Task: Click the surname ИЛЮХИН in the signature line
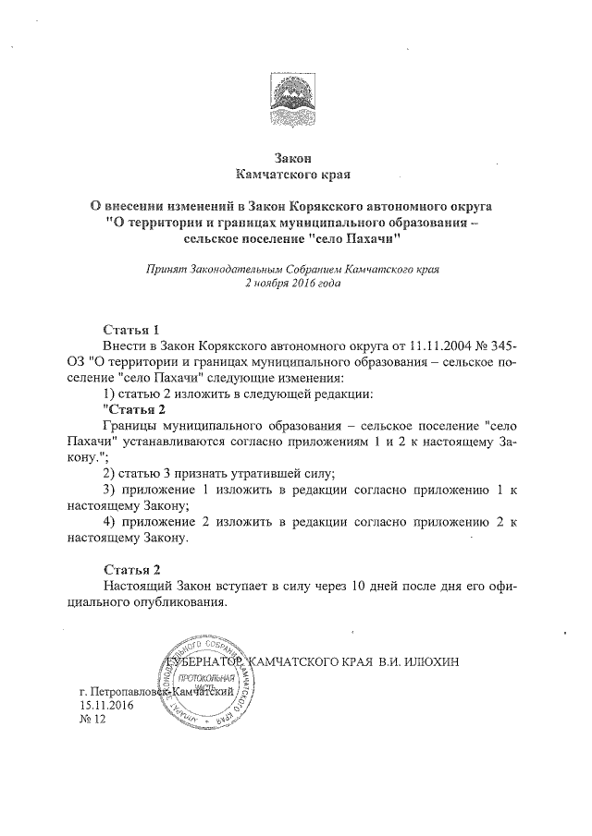pos(452,662)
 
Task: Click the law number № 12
pos(94,721)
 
